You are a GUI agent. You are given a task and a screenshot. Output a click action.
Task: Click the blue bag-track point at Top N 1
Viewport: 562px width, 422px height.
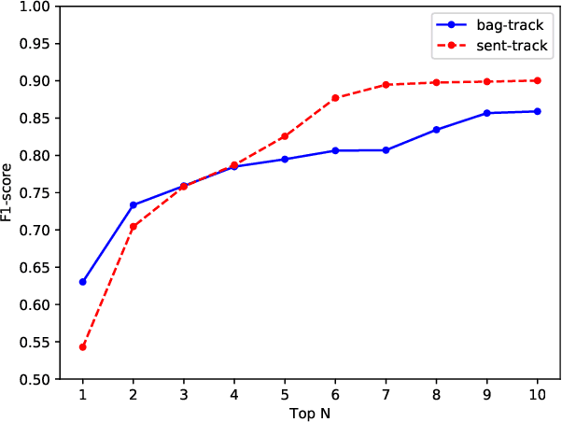pyautogui.click(x=83, y=282)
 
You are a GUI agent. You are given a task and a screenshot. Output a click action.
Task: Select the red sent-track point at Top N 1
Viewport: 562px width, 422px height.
pyautogui.click(x=83, y=347)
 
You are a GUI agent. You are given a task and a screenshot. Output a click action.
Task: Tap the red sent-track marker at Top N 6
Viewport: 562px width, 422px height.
pyautogui.click(x=335, y=98)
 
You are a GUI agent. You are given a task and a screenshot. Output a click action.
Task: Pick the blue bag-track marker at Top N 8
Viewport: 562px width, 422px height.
pyautogui.click(x=436, y=130)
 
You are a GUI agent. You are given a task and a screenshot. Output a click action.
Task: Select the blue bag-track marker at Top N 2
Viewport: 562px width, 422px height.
pyautogui.click(x=133, y=204)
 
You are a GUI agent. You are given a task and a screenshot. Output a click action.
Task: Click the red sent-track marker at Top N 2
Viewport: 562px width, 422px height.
pyautogui.click(x=133, y=227)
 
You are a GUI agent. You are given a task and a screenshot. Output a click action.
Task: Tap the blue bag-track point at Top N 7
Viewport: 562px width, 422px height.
pyautogui.click(x=386, y=150)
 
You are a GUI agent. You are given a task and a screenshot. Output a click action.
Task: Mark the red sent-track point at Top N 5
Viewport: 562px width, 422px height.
pyautogui.click(x=285, y=136)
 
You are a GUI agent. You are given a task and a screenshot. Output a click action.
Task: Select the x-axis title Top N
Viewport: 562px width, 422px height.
pyautogui.click(x=309, y=412)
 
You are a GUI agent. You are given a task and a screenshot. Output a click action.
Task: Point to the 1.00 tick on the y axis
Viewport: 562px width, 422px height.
pyautogui.click(x=32, y=7)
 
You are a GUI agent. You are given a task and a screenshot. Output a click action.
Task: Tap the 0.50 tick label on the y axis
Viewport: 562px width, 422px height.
pyautogui.click(x=32, y=379)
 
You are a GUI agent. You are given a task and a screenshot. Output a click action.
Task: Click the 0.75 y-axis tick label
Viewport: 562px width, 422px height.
pyautogui.click(x=32, y=193)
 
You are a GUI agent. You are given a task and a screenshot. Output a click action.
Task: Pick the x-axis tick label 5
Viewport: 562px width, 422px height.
pyautogui.click(x=285, y=394)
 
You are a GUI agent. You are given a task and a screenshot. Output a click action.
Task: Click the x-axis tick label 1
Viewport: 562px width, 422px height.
pyautogui.click(x=83, y=394)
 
